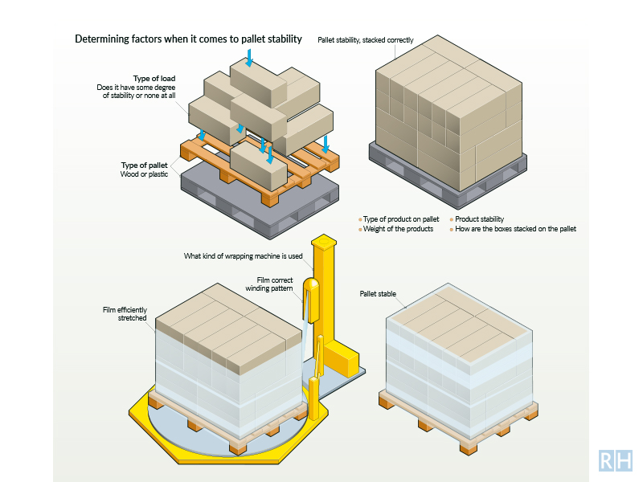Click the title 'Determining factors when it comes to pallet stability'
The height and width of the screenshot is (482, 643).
coord(188,39)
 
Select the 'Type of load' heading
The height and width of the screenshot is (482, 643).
coord(154,79)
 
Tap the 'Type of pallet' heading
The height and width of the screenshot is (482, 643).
coord(145,165)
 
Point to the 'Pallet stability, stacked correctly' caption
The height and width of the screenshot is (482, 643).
coord(366,39)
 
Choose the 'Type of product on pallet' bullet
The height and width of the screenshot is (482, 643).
coord(401,219)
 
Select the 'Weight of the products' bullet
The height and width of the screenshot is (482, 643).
coord(398,229)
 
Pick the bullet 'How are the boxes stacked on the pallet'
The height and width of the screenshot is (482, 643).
coord(515,229)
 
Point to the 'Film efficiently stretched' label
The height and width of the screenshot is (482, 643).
coord(126,314)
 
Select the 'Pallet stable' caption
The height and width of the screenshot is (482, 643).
coord(378,294)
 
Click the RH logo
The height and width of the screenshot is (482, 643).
coord(616,460)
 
